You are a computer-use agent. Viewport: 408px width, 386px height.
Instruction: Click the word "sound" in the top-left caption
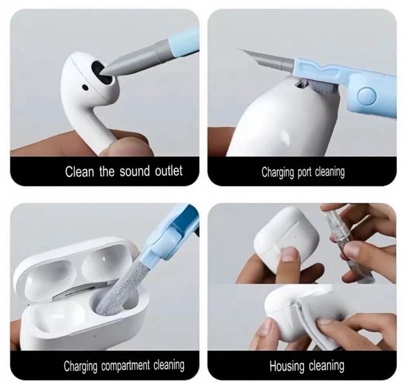tap(135, 171)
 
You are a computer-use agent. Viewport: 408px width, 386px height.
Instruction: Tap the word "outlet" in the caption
tap(169, 171)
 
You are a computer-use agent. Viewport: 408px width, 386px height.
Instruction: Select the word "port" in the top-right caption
tap(305, 173)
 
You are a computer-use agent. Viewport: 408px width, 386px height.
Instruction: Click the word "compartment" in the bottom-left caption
tap(126, 366)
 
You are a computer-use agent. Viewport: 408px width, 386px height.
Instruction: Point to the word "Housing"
tap(286, 366)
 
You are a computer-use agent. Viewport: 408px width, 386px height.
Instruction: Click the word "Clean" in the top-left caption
tap(79, 171)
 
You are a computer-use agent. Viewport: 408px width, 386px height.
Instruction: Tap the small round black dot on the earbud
tap(85, 87)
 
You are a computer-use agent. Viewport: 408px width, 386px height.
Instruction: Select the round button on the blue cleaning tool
tap(367, 96)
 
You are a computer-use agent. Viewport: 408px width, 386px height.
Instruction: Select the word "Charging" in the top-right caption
tap(277, 173)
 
